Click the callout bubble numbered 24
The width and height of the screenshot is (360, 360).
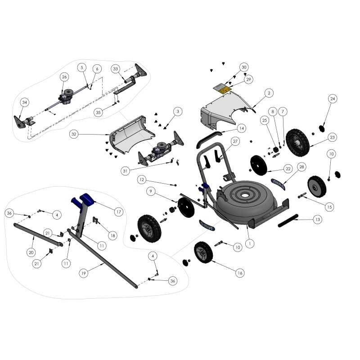coord(333,98)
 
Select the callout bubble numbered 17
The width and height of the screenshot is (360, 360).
coord(118,211)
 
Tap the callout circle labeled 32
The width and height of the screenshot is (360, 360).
coord(74,134)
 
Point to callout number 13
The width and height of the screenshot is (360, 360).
coord(318,219)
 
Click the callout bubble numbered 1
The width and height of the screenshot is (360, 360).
coord(251,243)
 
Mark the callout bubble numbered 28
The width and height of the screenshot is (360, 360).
coord(301,167)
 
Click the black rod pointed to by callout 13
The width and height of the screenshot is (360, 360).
coord(288,220)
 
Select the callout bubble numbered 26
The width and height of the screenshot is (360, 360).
coord(64,77)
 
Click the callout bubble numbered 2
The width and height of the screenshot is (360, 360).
coord(269,93)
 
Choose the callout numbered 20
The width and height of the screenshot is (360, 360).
coord(31,252)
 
